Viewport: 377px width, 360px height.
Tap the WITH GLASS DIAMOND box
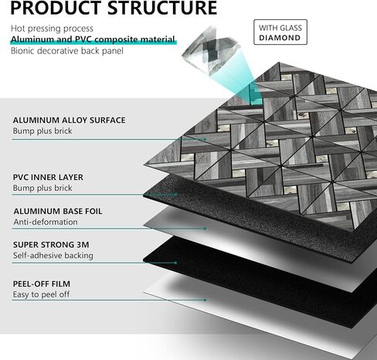click(x=279, y=31)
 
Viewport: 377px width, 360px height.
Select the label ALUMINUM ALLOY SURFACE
click(x=69, y=121)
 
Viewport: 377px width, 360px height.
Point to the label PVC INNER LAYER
click(x=48, y=177)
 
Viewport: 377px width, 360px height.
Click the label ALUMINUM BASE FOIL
click(x=57, y=211)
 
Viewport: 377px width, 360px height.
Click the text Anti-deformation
click(x=45, y=222)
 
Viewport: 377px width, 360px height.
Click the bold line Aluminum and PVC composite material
click(x=92, y=39)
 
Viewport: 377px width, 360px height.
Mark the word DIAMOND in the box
click(x=279, y=36)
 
